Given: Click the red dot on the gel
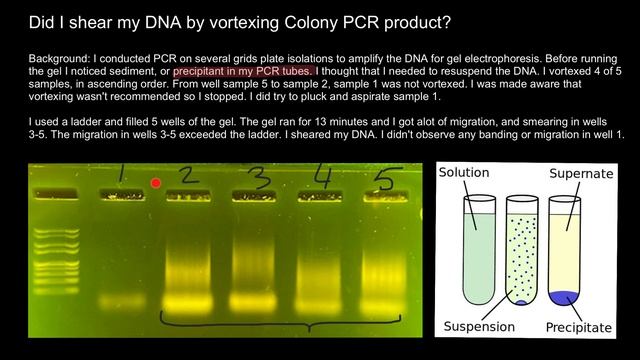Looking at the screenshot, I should [x=155, y=183].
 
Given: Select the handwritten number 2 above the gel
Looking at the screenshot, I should [x=186, y=177].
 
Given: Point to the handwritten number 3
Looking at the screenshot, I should [x=259, y=178].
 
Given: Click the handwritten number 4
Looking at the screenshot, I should [x=322, y=177].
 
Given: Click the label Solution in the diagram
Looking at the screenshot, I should [x=464, y=172].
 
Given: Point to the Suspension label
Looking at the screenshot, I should [x=478, y=327].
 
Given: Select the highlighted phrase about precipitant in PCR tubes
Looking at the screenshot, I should [x=244, y=72].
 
